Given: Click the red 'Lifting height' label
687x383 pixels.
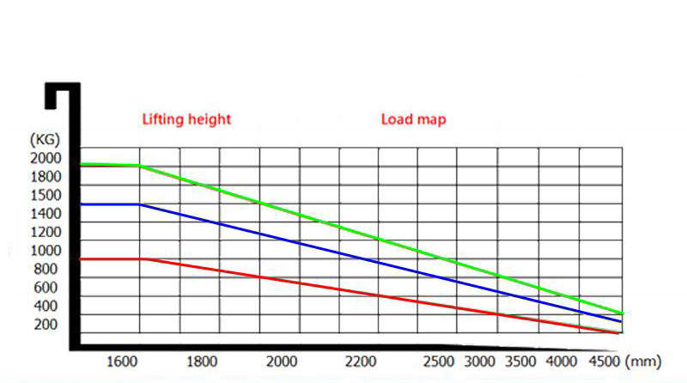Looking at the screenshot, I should pos(186,119).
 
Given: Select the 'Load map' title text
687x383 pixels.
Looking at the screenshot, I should pos(413,119).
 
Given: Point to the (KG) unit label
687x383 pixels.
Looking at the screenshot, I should pos(44,139).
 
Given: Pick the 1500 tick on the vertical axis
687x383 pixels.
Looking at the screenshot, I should pos(46,195).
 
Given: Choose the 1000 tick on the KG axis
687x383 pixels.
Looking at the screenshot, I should pos(46,250).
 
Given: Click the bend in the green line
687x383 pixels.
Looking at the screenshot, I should pos(139,166).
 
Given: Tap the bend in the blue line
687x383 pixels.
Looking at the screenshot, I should pos(139,204).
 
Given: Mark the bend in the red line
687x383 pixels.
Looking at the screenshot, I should pos(143,258).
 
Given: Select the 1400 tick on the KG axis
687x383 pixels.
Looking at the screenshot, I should pos(46,213).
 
